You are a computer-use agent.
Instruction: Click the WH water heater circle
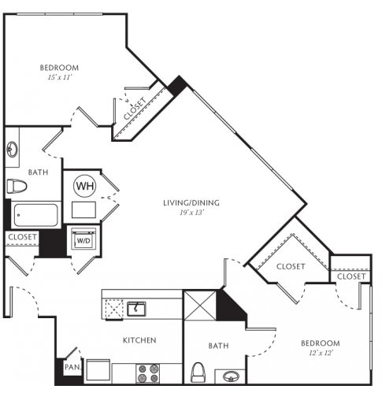tap(85, 186)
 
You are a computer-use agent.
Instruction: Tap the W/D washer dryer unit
tap(83, 239)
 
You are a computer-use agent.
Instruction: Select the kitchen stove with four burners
tap(148, 373)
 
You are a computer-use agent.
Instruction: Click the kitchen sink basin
tap(136, 309)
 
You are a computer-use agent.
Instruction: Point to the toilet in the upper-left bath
tap(17, 186)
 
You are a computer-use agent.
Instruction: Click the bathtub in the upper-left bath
tap(36, 215)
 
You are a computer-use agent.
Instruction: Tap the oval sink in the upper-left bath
tap(12, 149)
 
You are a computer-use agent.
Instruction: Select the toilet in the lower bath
tap(198, 372)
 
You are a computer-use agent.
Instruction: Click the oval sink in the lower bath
tap(232, 376)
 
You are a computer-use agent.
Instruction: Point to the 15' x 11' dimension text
tap(60, 77)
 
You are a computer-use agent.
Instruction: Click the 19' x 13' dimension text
tap(192, 213)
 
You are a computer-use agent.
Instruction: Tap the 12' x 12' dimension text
tap(321, 353)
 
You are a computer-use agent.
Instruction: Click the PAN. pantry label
tap(72, 367)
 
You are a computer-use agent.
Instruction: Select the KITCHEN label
tap(139, 340)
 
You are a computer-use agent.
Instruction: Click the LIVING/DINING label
tap(191, 202)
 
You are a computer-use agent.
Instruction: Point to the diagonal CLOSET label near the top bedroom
tap(135, 109)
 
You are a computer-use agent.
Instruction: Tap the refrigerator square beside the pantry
tap(98, 370)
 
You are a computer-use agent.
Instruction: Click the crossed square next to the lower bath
tap(200, 306)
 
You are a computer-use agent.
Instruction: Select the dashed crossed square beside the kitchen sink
tap(114, 309)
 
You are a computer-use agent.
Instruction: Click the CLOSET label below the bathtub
tap(23, 237)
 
